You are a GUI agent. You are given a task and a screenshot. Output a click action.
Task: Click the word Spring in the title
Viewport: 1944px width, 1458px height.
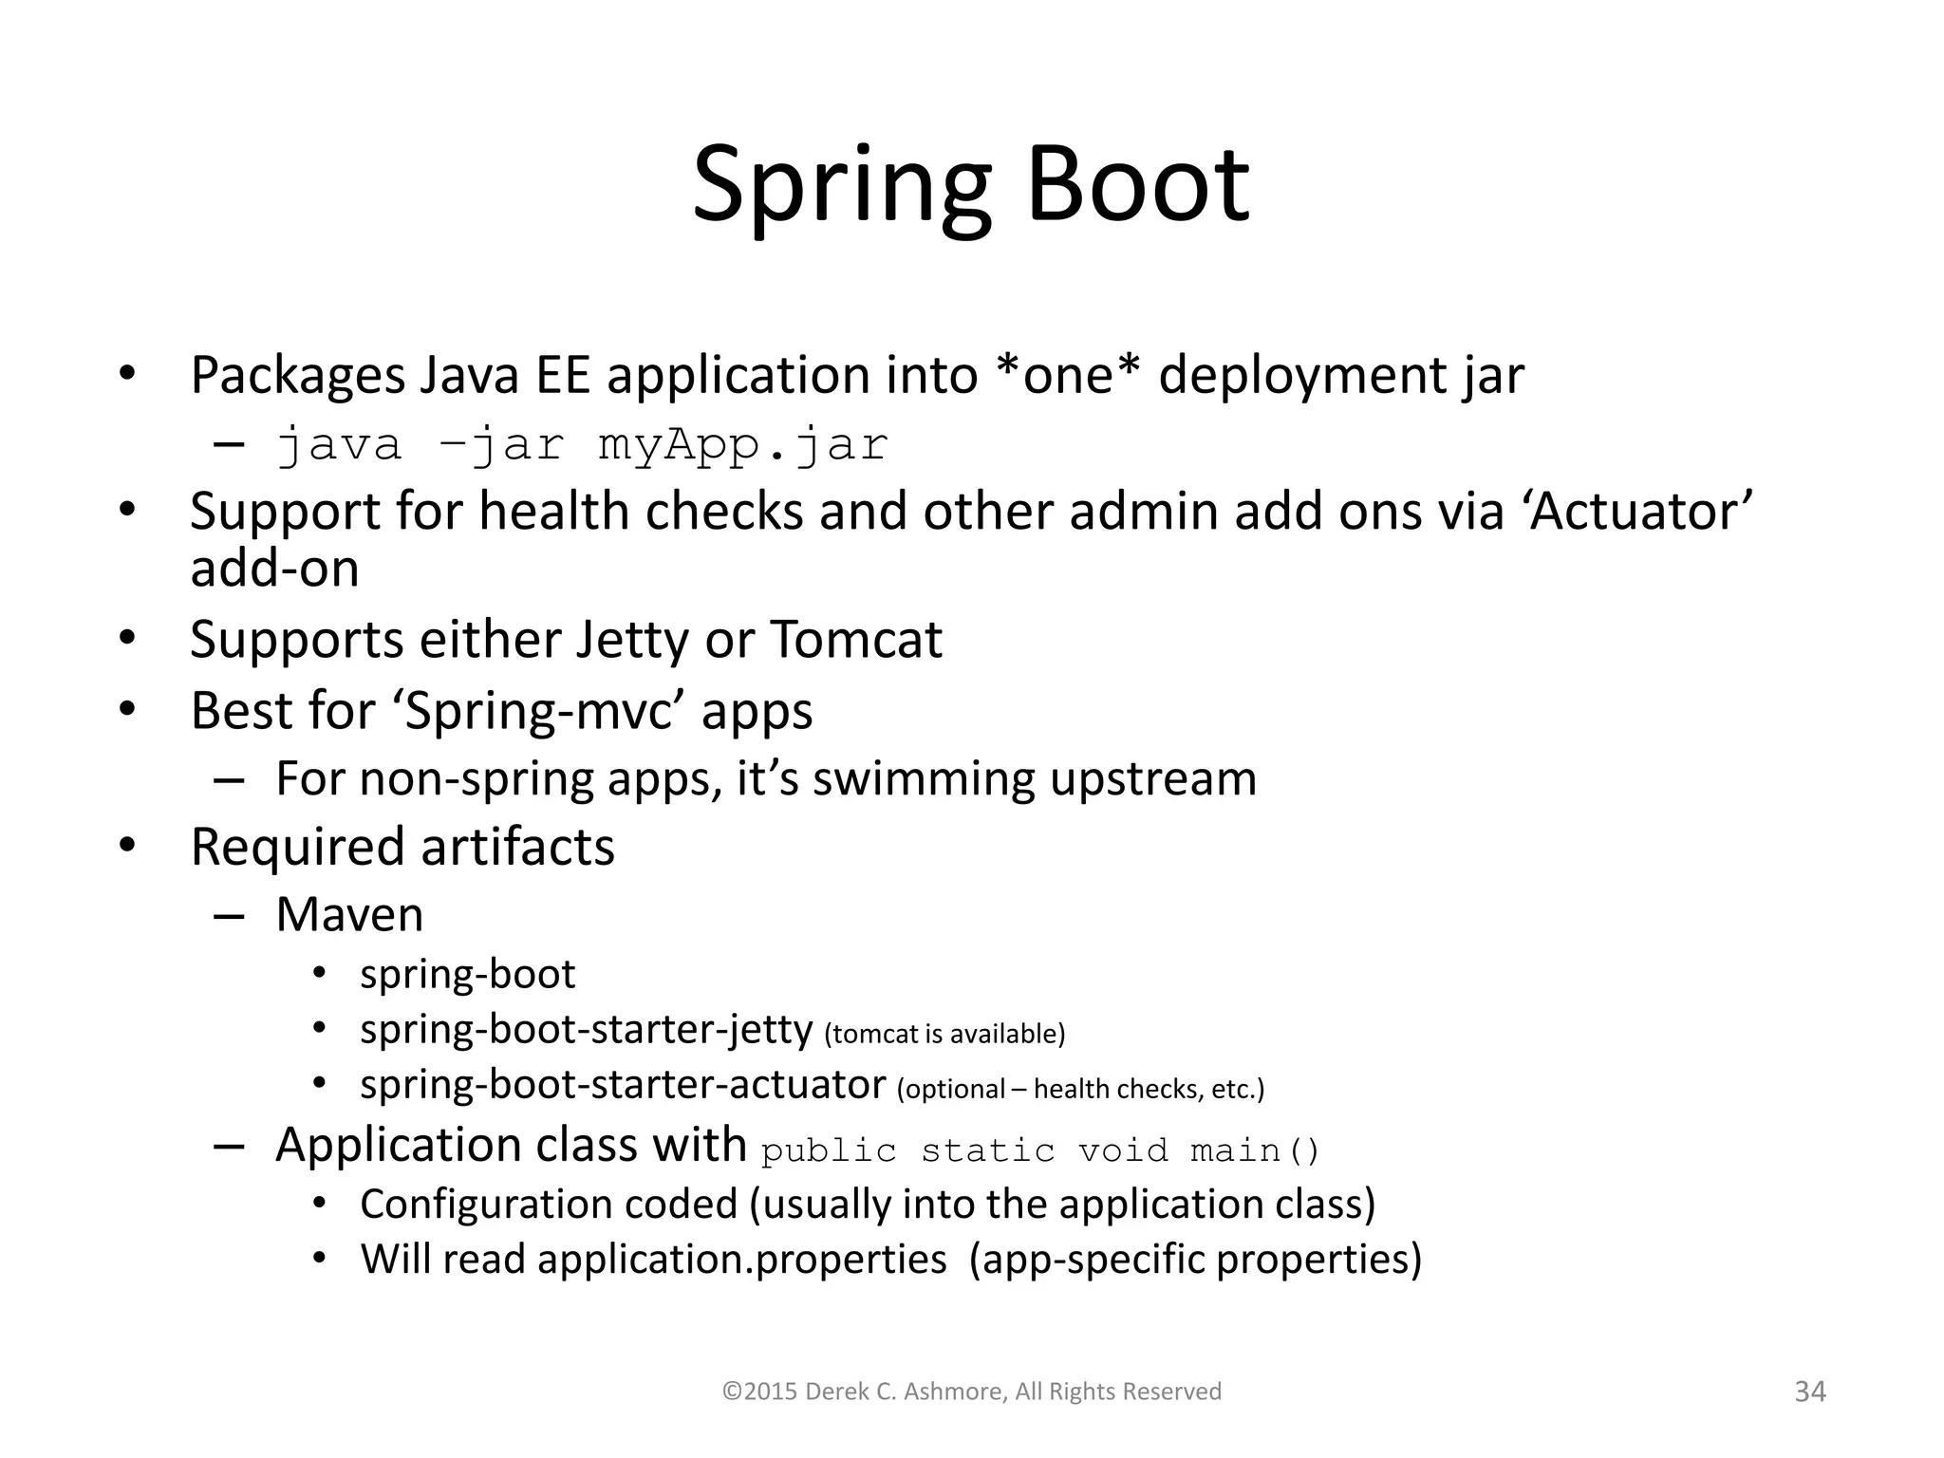pyautogui.click(x=841, y=184)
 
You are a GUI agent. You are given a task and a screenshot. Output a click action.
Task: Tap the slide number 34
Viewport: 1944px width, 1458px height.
pyautogui.click(x=1809, y=1392)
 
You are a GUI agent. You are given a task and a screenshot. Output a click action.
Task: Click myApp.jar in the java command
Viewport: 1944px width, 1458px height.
pyautogui.click(x=742, y=445)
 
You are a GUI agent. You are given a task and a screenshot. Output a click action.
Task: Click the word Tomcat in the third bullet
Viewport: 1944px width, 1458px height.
pyautogui.click(x=855, y=640)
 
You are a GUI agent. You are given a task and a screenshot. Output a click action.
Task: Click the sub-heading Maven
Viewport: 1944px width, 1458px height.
pyautogui.click(x=349, y=915)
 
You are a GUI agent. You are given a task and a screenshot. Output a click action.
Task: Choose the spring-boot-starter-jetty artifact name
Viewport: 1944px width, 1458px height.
pyautogui.click(x=586, y=1030)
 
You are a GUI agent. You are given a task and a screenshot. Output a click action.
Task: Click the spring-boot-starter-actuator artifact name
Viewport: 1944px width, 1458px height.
pyautogui.click(x=623, y=1085)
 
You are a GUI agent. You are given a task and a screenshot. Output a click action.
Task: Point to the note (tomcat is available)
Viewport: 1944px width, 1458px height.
pyautogui.click(x=944, y=1034)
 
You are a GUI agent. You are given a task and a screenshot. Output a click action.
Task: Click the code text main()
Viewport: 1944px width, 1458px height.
pyautogui.click(x=1255, y=1151)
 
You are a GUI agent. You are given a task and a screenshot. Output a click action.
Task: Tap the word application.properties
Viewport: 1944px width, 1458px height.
pyautogui.click(x=741, y=1260)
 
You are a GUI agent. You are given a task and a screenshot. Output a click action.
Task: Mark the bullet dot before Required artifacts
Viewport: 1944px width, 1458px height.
pyautogui.click(x=128, y=845)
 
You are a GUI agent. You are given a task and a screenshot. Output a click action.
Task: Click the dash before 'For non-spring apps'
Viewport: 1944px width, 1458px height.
pyautogui.click(x=229, y=780)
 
